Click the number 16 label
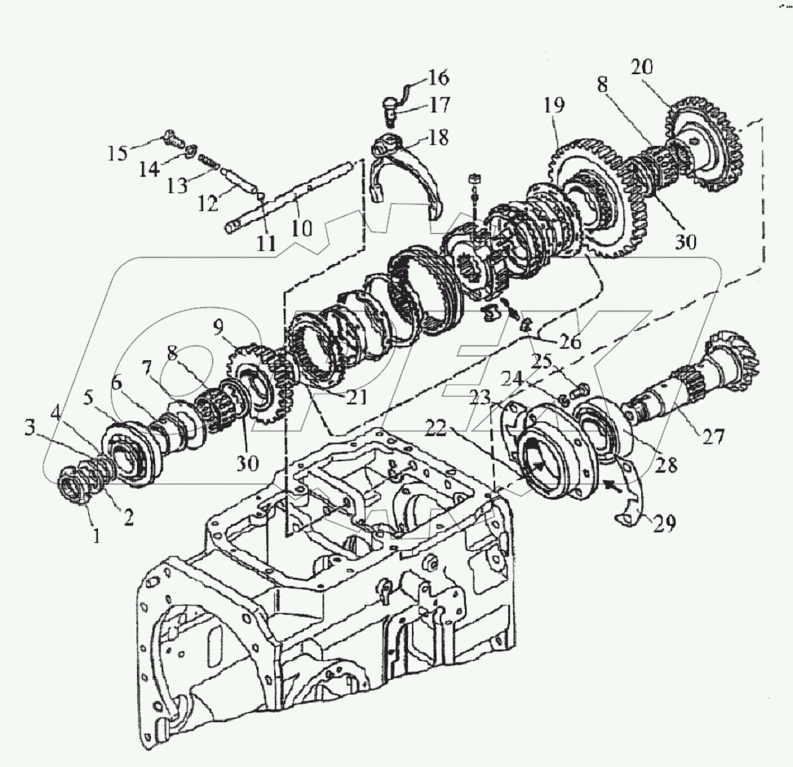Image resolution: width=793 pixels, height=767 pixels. pos(437,78)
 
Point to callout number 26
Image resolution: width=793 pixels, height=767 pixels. pos(569,341)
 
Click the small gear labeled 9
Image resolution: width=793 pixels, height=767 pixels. pos(257,383)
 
